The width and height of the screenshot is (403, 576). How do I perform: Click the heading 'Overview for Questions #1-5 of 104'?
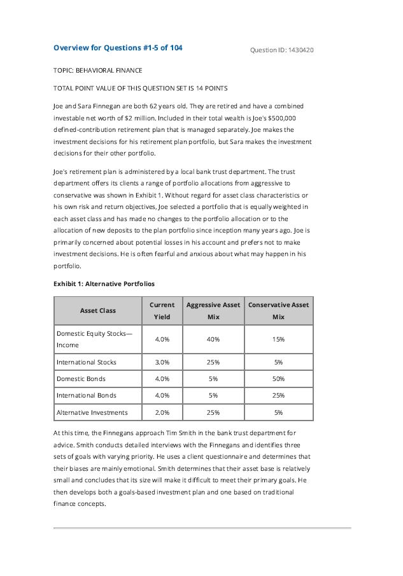118,48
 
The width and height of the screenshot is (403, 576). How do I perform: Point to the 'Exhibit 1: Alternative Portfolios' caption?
104,284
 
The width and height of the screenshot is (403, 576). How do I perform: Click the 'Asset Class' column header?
98,310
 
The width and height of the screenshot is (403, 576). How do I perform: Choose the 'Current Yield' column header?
162,310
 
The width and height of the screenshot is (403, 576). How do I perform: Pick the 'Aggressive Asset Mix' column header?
213,310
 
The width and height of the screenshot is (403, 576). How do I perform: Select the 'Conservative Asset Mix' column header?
278,310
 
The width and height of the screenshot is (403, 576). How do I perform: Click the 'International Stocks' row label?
87,363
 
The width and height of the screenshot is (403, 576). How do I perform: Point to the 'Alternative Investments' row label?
92,412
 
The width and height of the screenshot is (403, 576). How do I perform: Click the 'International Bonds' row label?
87,396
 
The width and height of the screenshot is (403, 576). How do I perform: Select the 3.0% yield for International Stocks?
162,363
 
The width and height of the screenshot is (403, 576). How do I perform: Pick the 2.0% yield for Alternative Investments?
162,412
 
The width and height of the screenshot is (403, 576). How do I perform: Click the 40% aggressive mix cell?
213,339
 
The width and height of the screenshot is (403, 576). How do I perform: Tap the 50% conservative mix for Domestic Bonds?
278,379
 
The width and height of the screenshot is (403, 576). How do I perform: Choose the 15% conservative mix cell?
278,339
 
